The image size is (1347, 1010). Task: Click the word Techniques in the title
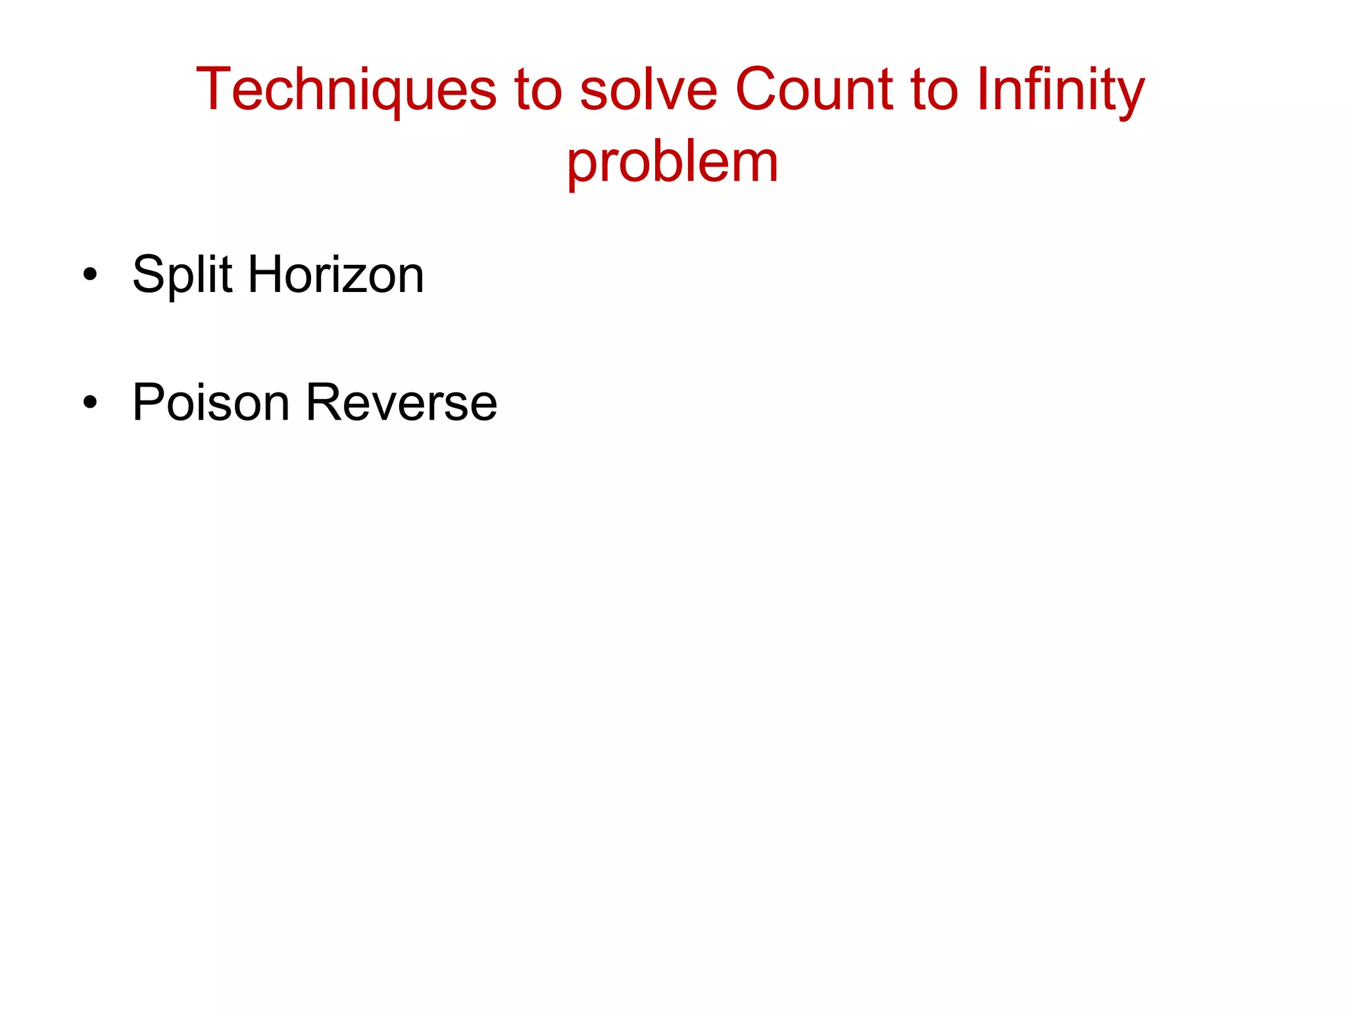click(x=346, y=89)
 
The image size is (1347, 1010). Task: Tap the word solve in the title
click(x=648, y=89)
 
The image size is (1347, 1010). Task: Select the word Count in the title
click(x=814, y=89)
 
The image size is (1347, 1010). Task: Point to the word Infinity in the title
click(x=1060, y=89)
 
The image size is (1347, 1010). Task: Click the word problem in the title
click(x=672, y=162)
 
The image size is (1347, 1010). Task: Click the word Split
click(x=182, y=275)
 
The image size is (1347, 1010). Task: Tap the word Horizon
click(x=335, y=275)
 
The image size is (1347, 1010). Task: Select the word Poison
click(x=210, y=402)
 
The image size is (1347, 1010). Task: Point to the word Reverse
click(x=401, y=402)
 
